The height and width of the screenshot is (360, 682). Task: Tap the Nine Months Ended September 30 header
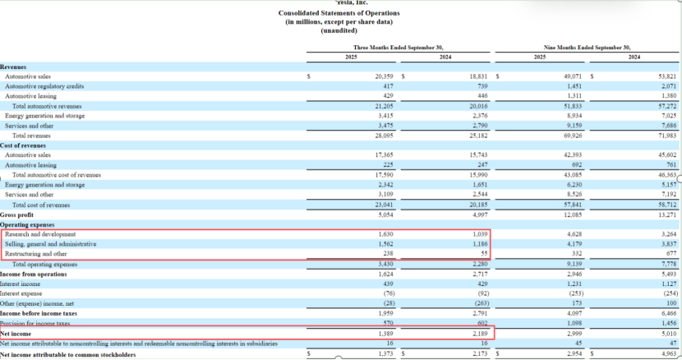point(587,48)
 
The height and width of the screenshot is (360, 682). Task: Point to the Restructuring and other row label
point(39,254)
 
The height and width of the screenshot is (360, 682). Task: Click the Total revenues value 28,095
point(384,136)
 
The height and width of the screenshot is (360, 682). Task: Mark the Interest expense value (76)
point(385,293)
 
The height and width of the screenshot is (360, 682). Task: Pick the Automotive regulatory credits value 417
point(388,85)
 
